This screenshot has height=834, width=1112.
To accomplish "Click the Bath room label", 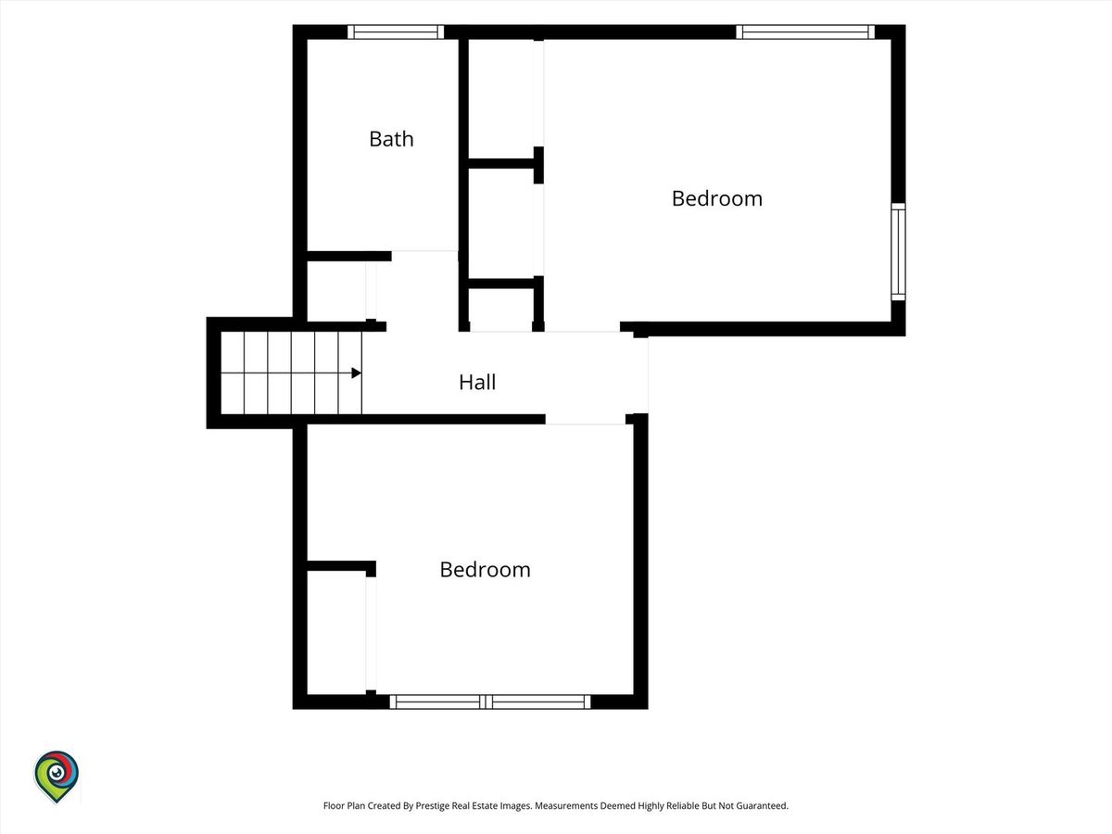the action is point(391,139).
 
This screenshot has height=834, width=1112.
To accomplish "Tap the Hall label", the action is point(477,383).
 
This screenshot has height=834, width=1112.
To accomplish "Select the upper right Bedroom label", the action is point(717,198).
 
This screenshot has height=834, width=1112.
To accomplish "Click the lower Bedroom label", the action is point(485,570).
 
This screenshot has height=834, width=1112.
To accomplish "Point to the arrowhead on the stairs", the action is point(357,373).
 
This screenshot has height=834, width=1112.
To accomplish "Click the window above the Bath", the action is point(396,32).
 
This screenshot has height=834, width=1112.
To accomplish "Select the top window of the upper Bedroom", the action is point(805,32).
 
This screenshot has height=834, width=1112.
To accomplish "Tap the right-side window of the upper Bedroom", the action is point(898,252).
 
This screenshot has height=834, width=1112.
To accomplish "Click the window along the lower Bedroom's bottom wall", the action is point(490,701).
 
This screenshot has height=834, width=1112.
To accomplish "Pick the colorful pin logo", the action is point(57,776).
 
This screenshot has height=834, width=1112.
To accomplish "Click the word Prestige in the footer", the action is point(431,805).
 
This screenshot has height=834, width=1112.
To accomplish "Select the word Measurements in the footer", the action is point(566,805).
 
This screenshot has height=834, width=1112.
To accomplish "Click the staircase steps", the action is point(291,373).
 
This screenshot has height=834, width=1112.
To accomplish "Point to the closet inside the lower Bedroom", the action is point(336,633).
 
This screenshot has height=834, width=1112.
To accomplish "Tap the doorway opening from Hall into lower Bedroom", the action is point(585,419).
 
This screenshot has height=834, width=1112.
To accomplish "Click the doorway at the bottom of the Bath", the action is point(424,256).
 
